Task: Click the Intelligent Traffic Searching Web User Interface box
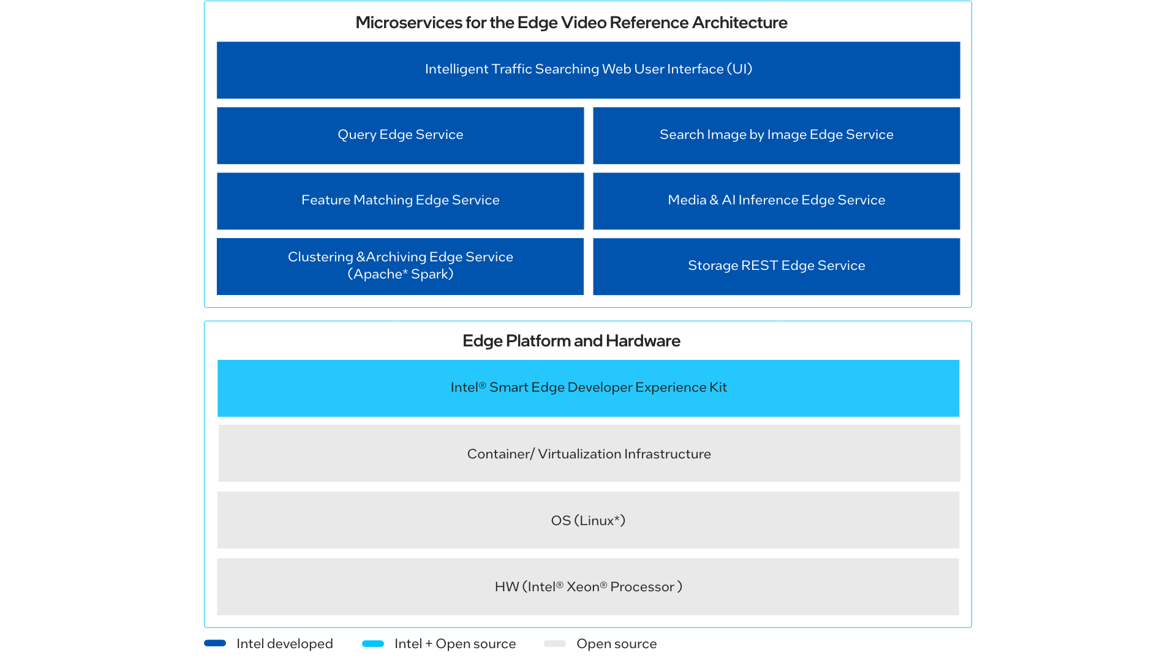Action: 588,70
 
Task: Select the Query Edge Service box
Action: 401,135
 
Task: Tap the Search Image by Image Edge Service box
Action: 776,135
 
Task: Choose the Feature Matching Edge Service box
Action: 401,201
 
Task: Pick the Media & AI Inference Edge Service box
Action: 776,201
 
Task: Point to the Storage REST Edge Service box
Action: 776,266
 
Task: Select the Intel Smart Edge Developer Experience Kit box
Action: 588,388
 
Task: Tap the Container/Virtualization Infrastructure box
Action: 589,454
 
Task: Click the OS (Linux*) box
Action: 588,520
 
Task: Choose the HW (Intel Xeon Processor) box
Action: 588,586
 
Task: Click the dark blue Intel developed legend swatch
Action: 215,643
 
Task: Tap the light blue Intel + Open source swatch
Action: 373,643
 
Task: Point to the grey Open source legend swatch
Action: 555,643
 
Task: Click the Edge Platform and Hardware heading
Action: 571,341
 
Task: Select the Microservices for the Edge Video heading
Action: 571,23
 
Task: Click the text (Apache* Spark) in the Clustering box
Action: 401,274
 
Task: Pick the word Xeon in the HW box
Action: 582,587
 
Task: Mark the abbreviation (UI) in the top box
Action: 740,69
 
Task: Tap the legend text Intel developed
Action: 285,644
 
